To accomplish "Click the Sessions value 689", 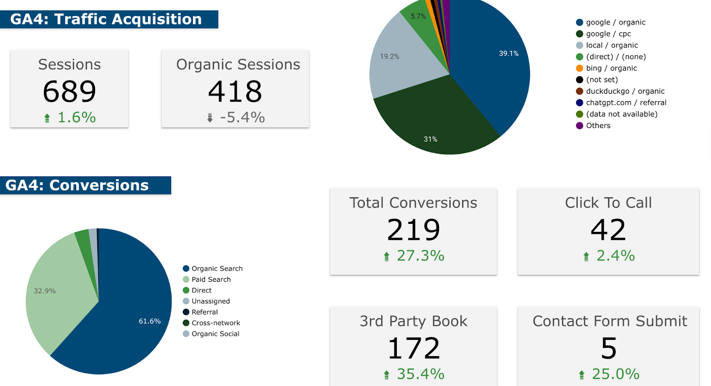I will tap(69, 91).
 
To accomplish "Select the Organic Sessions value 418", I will tap(235, 91).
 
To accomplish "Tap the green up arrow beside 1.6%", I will tap(47, 118).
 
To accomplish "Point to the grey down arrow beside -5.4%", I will tap(210, 118).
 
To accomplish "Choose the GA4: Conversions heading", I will tap(77, 185).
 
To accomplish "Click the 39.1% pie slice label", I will tap(508, 53).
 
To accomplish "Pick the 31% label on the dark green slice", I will tap(430, 139).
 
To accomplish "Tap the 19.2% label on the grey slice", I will tap(389, 56).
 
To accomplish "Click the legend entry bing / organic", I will tap(611, 68).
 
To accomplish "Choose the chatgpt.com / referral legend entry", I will tap(626, 103).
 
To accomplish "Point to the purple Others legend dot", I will tap(579, 126).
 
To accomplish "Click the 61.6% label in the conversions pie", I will tap(149, 321).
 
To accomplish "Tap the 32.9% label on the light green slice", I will tap(44, 291).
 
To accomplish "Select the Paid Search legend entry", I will tap(211, 279).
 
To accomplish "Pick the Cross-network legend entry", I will tap(216, 323).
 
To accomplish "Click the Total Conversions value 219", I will tap(413, 230).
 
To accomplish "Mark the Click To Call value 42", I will tap(608, 230).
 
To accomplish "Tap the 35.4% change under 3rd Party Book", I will tap(420, 374).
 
